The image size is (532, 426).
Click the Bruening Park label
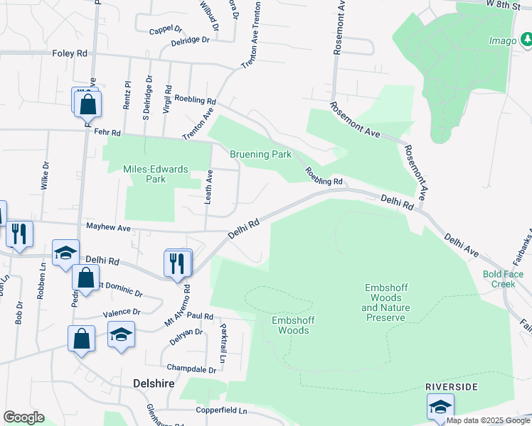click(x=260, y=154)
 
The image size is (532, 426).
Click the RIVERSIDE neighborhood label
click(x=451, y=386)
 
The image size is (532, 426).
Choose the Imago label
click(x=502, y=40)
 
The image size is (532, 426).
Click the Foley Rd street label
click(x=70, y=53)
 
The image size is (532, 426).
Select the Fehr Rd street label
click(x=107, y=133)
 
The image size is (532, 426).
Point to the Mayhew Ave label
click(x=109, y=228)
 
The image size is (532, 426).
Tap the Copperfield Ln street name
click(x=223, y=411)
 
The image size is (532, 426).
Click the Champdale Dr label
click(x=191, y=368)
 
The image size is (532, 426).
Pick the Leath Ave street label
click(x=209, y=187)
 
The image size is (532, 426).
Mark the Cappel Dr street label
click(x=166, y=31)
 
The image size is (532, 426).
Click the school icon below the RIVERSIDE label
click(x=440, y=407)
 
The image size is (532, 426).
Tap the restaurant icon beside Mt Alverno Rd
click(x=178, y=263)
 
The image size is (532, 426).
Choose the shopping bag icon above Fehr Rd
click(x=87, y=104)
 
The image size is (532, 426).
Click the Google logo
click(x=23, y=417)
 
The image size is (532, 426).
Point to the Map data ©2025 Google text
click(x=488, y=420)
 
